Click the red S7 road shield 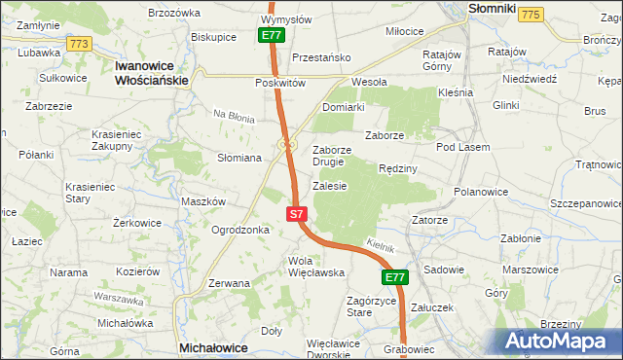298,213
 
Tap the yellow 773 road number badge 80,44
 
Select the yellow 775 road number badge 531,14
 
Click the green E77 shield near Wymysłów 273,36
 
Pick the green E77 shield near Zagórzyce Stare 392,278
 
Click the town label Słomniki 492,8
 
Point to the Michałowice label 209,346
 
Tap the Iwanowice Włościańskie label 150,73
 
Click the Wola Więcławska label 316,267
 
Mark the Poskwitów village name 281,84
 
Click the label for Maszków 203,201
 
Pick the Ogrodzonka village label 240,231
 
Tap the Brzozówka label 173,14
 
